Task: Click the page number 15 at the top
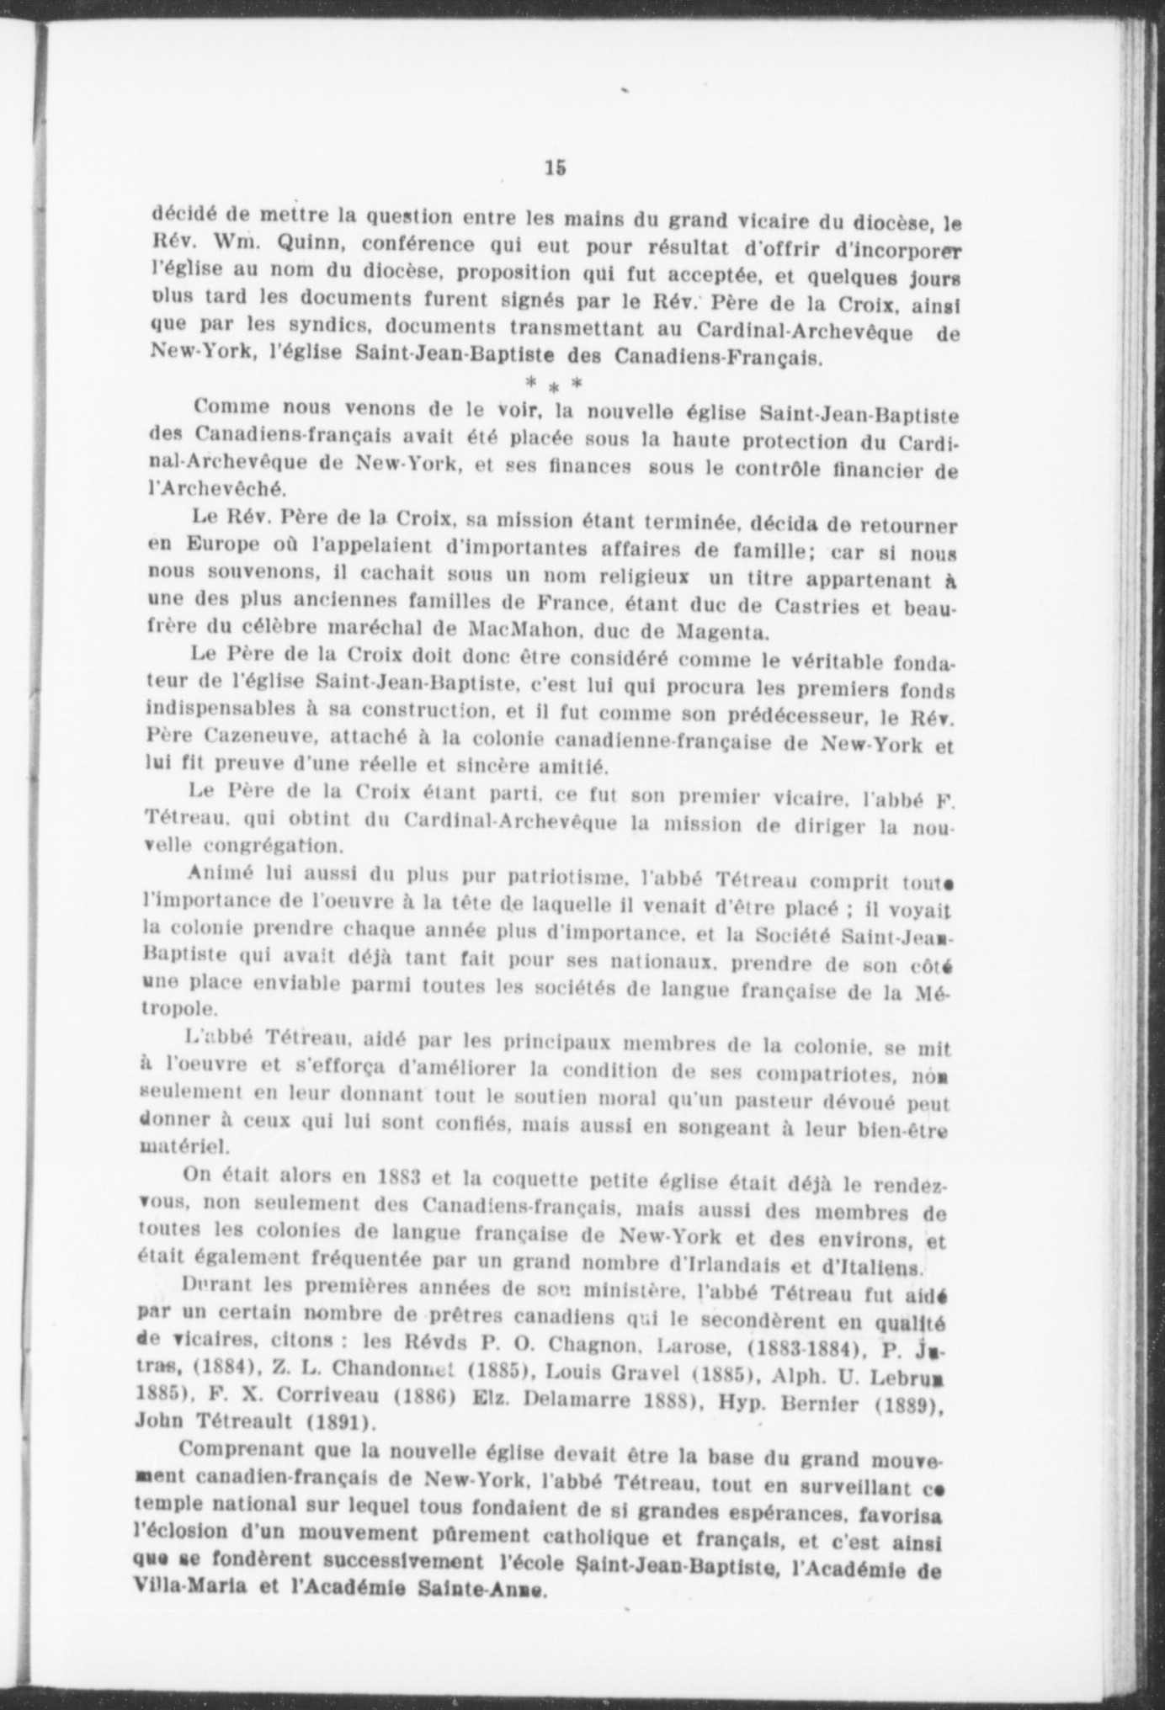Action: (555, 167)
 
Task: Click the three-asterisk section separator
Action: (553, 384)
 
